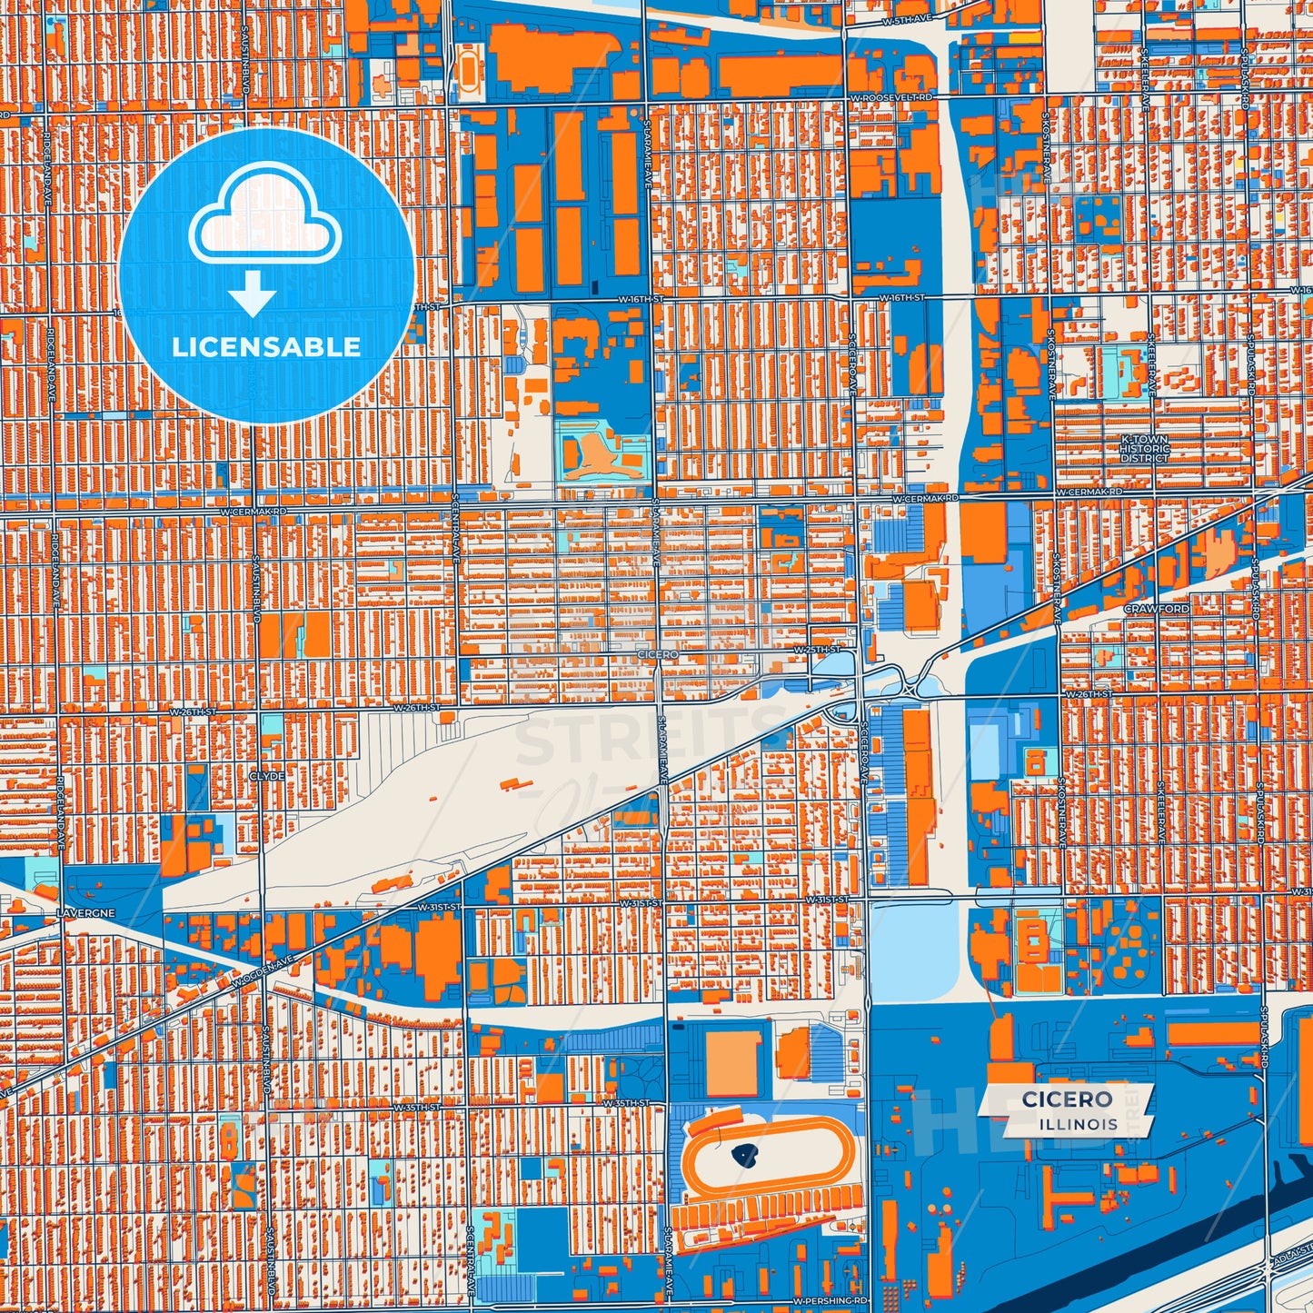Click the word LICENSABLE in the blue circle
point(266,347)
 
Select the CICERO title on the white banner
point(1067,1099)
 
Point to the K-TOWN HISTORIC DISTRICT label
point(1144,449)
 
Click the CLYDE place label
point(266,777)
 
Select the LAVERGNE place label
point(85,912)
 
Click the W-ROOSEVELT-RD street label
point(891,97)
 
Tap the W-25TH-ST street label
point(816,650)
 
